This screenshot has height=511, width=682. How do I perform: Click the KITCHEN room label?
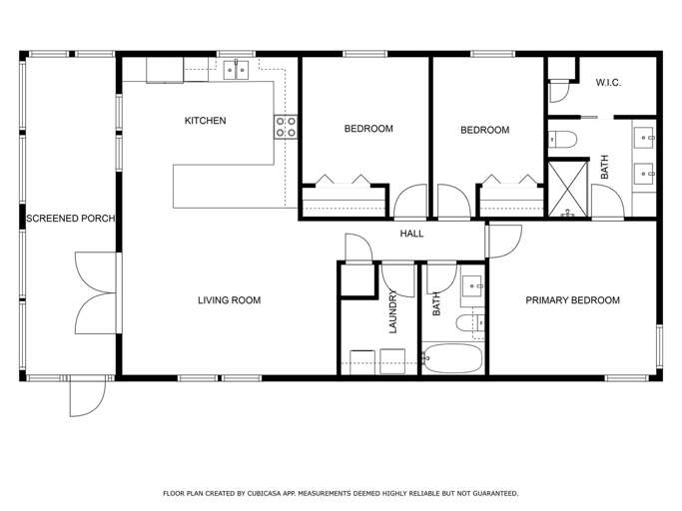click(x=205, y=121)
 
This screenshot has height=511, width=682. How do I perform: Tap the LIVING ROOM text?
click(x=230, y=300)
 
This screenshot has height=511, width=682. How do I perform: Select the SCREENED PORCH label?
click(x=71, y=219)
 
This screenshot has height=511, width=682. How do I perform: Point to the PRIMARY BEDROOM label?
click(x=572, y=300)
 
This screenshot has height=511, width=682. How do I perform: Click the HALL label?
click(x=411, y=234)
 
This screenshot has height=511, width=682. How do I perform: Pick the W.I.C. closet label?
click(x=608, y=83)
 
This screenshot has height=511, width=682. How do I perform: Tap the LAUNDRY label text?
click(x=393, y=311)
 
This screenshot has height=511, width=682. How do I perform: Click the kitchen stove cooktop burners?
click(x=286, y=127)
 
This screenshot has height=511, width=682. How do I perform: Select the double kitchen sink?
click(x=236, y=70)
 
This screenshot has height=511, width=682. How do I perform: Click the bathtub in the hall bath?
click(x=452, y=358)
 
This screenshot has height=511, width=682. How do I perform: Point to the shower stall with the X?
click(x=568, y=189)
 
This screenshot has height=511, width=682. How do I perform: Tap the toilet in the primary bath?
click(x=562, y=140)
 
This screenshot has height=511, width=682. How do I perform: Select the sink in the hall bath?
click(x=472, y=285)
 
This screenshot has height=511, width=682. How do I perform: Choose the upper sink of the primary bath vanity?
click(x=643, y=138)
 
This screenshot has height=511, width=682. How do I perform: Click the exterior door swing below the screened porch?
click(x=88, y=396)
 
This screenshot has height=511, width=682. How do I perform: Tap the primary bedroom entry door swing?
click(x=503, y=241)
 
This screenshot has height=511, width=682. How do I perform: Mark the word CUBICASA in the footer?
click(x=265, y=494)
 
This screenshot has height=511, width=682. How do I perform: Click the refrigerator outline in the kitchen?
click(x=165, y=70)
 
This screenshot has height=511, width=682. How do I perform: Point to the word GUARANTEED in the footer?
click(x=496, y=494)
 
